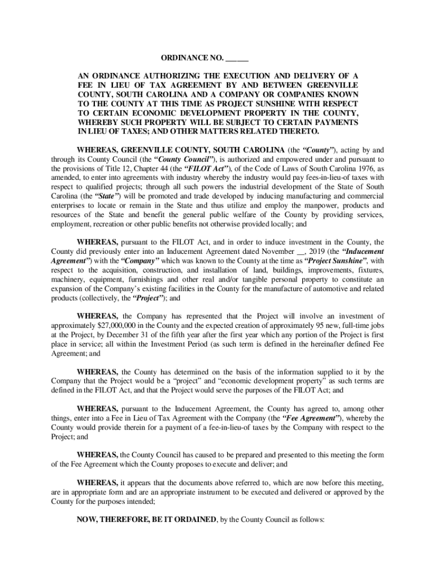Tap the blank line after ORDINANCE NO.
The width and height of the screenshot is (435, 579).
coord(238,59)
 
